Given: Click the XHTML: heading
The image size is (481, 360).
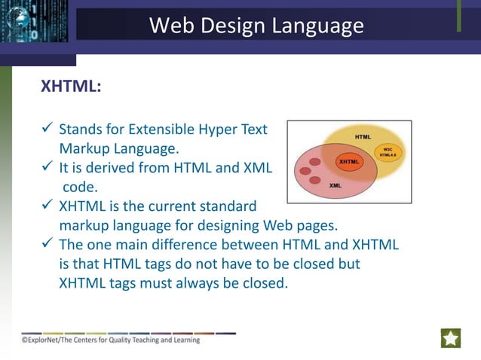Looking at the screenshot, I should [x=70, y=87].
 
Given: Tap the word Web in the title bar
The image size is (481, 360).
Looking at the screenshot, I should [x=170, y=26].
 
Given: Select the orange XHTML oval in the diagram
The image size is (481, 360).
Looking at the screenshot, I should [x=348, y=161].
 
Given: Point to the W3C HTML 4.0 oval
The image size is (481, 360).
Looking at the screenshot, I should [x=388, y=152].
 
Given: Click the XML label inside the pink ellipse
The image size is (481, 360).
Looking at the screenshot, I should [x=335, y=185].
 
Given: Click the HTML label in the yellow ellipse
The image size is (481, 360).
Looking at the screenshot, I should [x=363, y=136].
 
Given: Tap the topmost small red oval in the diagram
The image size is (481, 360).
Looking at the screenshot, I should [x=316, y=161].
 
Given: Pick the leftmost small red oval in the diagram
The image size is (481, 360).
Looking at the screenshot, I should [x=305, y=172].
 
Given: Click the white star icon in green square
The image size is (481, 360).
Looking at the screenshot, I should [x=451, y=338].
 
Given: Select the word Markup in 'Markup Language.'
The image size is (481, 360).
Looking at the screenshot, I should [x=86, y=148].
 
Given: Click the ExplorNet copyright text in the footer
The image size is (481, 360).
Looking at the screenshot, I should [x=111, y=340].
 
